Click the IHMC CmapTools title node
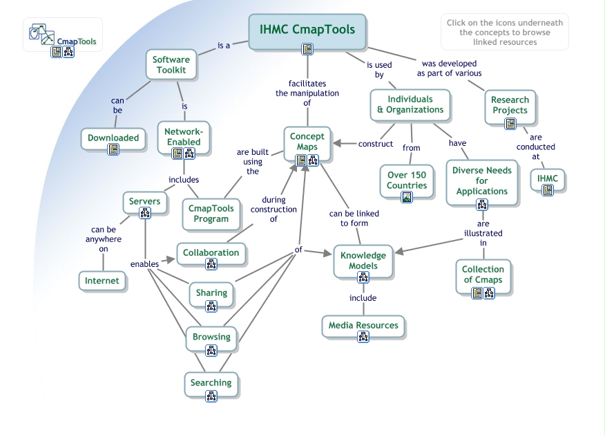(307, 30)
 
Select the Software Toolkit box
(171, 65)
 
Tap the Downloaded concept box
(113, 138)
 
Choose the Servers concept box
(144, 202)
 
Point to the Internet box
(102, 281)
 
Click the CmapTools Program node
(211, 213)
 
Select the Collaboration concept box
(211, 252)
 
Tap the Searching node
(211, 382)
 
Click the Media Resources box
(363, 325)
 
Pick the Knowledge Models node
(363, 261)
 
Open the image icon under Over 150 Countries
(407, 197)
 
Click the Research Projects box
(510, 105)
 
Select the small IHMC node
(548, 180)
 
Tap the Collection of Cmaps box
(483, 275)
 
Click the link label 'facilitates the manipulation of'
(307, 93)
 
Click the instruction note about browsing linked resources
(504, 32)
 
